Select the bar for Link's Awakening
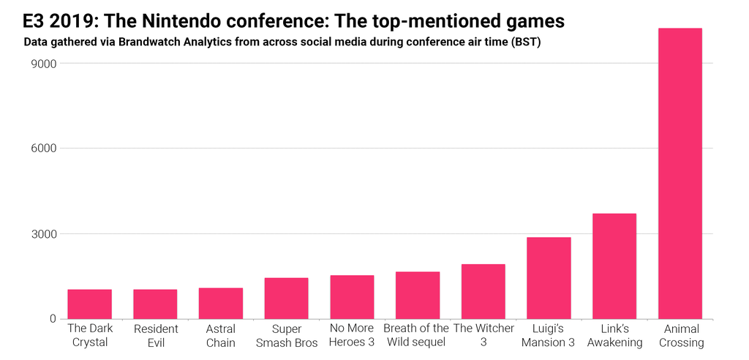tap(614, 266)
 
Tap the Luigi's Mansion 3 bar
tap(549, 278)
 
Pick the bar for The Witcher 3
tap(483, 291)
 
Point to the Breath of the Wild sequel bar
tap(418, 295)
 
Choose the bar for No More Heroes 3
tap(352, 297)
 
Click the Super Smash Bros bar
tap(286, 299)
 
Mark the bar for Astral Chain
tap(221, 303)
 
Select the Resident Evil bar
tap(155, 304)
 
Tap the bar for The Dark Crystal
tap(89, 304)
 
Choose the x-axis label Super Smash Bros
tap(286, 335)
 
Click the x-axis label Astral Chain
tap(221, 335)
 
